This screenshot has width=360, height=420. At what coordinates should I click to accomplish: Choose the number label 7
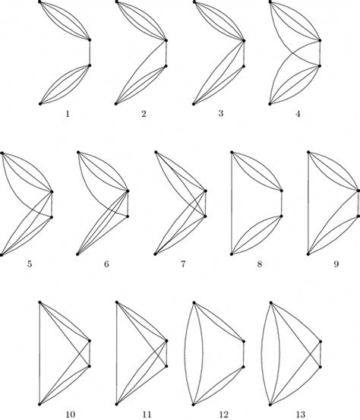tap(180, 265)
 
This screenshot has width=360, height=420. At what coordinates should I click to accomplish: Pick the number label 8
tap(257, 265)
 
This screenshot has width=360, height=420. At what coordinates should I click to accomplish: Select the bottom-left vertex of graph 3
tap(193, 103)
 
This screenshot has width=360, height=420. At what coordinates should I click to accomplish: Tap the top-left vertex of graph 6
tap(78, 153)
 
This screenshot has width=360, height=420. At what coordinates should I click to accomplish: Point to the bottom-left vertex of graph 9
tap(308, 254)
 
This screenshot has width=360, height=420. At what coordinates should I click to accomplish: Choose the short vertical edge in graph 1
tap(90, 52)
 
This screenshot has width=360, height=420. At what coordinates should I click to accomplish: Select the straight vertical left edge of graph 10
tap(39, 353)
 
